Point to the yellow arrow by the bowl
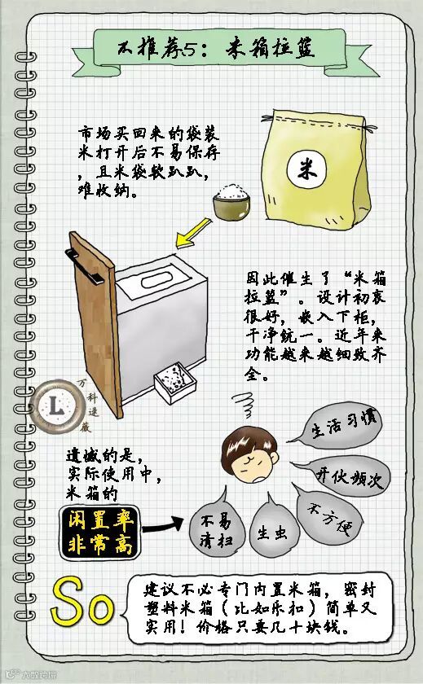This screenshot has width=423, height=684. (x=192, y=234)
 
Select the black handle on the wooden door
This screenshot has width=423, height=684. (x=84, y=266)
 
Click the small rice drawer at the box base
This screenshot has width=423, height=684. (x=175, y=383)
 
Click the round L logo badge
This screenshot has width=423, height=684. (x=57, y=406)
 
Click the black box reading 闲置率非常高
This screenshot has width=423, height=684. (x=100, y=533)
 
